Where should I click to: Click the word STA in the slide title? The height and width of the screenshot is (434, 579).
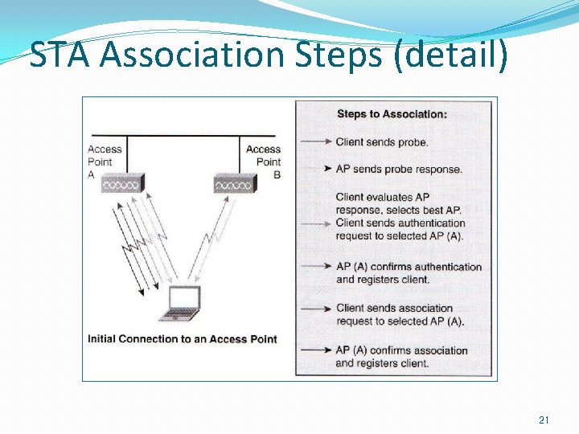(62, 55)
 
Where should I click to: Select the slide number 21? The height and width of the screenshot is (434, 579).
(544, 420)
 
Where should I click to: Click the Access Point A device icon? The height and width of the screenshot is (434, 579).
(125, 184)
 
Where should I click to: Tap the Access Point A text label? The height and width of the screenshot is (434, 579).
(104, 162)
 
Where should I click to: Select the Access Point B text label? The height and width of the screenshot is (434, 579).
(264, 162)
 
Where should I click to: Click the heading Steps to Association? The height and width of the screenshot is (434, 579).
(392, 114)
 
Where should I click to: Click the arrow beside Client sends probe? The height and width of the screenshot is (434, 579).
(316, 142)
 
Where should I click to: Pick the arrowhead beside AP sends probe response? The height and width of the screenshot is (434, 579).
(327, 170)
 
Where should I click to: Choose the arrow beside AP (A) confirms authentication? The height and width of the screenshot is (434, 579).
(316, 267)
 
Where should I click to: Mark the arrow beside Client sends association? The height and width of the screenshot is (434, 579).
(316, 308)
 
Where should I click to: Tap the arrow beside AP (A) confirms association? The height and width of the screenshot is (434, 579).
(316, 350)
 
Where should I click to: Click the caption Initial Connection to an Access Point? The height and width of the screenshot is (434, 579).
(183, 339)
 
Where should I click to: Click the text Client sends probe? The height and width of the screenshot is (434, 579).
(382, 142)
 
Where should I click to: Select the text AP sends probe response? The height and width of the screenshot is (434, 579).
(399, 170)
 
